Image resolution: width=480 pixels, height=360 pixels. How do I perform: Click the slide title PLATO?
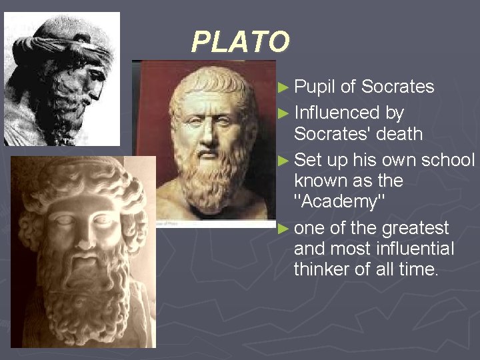pos(241,42)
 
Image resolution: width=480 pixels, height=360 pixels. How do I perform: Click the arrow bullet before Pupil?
pos(283,87)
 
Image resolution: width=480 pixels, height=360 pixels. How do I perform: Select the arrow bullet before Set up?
pos(283,161)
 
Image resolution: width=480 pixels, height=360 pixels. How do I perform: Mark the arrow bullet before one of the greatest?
pos(283,229)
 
